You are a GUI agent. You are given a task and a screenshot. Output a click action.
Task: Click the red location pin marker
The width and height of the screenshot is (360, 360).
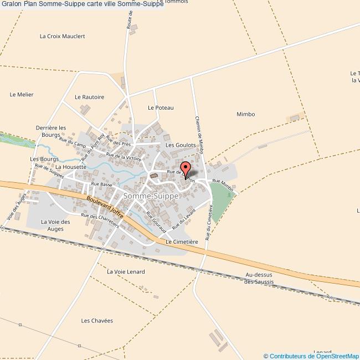coord(186,168)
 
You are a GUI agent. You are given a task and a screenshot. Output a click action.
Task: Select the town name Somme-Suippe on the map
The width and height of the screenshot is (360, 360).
coord(151,196)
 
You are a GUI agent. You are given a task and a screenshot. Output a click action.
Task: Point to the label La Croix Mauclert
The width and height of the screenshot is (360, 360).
coord(63,37)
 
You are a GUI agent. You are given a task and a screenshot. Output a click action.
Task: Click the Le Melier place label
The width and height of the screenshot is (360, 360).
coord(22,95)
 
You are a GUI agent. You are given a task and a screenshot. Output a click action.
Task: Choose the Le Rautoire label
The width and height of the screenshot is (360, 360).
coord(89,97)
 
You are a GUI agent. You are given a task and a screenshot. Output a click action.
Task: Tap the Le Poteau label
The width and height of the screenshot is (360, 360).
coord(161,107)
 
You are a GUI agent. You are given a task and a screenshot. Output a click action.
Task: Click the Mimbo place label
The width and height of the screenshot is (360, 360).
coord(245,114)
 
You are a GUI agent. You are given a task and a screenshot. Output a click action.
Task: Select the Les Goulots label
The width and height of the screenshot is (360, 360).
coord(181,145)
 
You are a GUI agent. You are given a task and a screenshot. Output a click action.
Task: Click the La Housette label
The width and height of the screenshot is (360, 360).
coord(70,166)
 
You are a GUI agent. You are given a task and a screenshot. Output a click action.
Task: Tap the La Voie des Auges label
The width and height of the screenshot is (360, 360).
coord(55,225)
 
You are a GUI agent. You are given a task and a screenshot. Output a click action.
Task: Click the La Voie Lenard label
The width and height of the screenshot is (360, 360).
coord(126,271)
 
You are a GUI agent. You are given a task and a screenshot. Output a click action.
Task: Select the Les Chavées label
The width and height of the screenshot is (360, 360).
coord(97,321)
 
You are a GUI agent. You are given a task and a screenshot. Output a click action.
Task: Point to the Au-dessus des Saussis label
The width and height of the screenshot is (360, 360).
coord(259,278)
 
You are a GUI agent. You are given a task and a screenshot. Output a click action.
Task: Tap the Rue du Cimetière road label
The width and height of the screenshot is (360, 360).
coord(209,222)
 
